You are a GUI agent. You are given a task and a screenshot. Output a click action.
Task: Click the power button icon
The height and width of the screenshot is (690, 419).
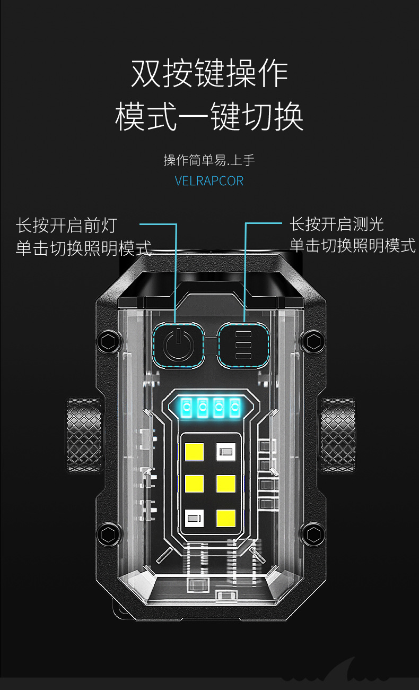[179, 345]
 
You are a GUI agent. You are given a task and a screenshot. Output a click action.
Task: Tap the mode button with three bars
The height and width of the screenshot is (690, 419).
[243, 345]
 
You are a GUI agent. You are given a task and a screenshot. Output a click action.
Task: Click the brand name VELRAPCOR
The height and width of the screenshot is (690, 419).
[209, 181]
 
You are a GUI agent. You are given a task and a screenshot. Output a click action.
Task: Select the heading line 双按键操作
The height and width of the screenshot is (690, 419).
[210, 74]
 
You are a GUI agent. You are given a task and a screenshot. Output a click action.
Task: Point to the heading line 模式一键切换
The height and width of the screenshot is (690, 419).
[210, 117]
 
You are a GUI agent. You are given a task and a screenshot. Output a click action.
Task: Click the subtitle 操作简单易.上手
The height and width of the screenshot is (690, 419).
[209, 160]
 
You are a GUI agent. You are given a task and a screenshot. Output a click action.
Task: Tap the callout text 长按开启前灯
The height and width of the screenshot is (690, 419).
[66, 226]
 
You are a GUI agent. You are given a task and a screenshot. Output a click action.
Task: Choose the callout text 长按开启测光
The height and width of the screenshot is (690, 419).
[336, 224]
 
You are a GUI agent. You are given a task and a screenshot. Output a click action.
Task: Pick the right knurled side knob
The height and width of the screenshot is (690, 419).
[337, 435]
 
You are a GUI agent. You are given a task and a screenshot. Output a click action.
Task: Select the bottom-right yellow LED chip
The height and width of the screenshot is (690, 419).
[226, 516]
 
